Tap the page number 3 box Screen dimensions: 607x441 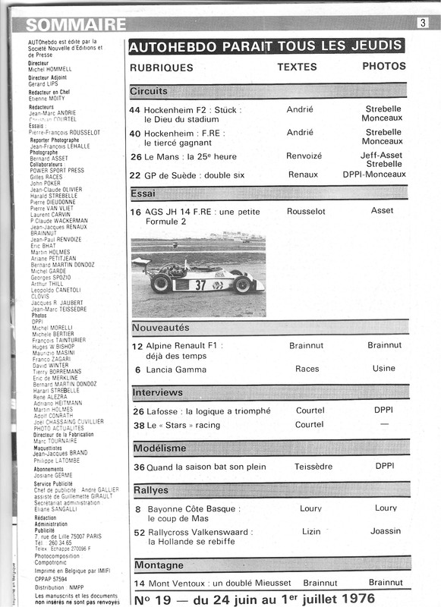[422, 23]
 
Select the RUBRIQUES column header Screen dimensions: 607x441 [162, 68]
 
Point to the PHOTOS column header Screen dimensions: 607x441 [383, 67]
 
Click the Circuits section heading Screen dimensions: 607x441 [149, 91]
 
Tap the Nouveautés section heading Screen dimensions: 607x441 [161, 327]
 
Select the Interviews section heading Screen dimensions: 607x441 [157, 392]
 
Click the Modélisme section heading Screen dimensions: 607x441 [159, 448]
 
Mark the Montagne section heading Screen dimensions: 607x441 [159, 565]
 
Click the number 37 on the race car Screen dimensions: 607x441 [200, 285]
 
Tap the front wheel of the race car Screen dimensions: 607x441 [161, 284]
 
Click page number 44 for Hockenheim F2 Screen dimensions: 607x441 [135, 109]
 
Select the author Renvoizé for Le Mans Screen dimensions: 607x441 [302, 157]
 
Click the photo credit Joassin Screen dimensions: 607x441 [386, 532]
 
